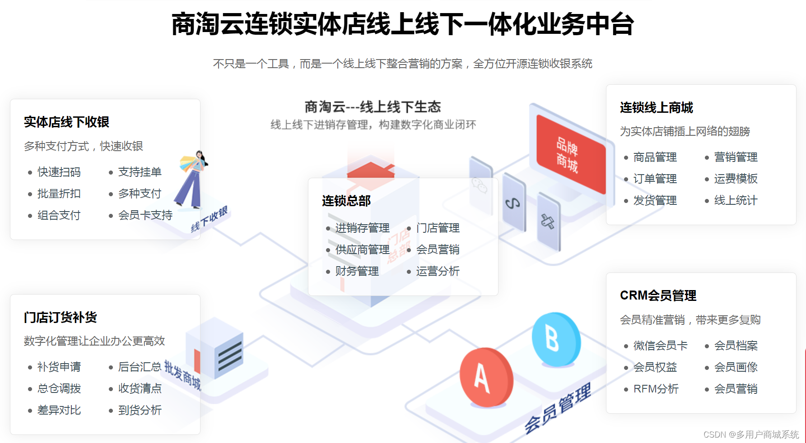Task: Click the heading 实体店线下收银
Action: [66, 122]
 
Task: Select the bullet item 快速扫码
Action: [59, 172]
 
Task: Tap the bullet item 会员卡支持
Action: [145, 215]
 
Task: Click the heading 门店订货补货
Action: [60, 317]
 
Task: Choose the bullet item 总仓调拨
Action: [59, 388]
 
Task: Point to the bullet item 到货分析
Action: [140, 410]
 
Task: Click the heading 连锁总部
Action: [346, 201]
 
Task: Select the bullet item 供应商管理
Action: [362, 249]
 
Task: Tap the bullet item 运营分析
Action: [438, 271]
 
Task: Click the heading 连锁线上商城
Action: [656, 107]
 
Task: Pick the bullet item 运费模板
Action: [736, 179]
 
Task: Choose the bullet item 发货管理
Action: [655, 200]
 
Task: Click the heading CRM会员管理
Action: [658, 295]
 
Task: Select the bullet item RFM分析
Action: [656, 389]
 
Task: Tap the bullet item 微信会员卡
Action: [660, 346]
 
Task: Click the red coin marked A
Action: [486, 377]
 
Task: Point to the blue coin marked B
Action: [555, 338]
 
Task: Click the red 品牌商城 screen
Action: [570, 154]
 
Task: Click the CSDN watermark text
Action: [751, 434]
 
